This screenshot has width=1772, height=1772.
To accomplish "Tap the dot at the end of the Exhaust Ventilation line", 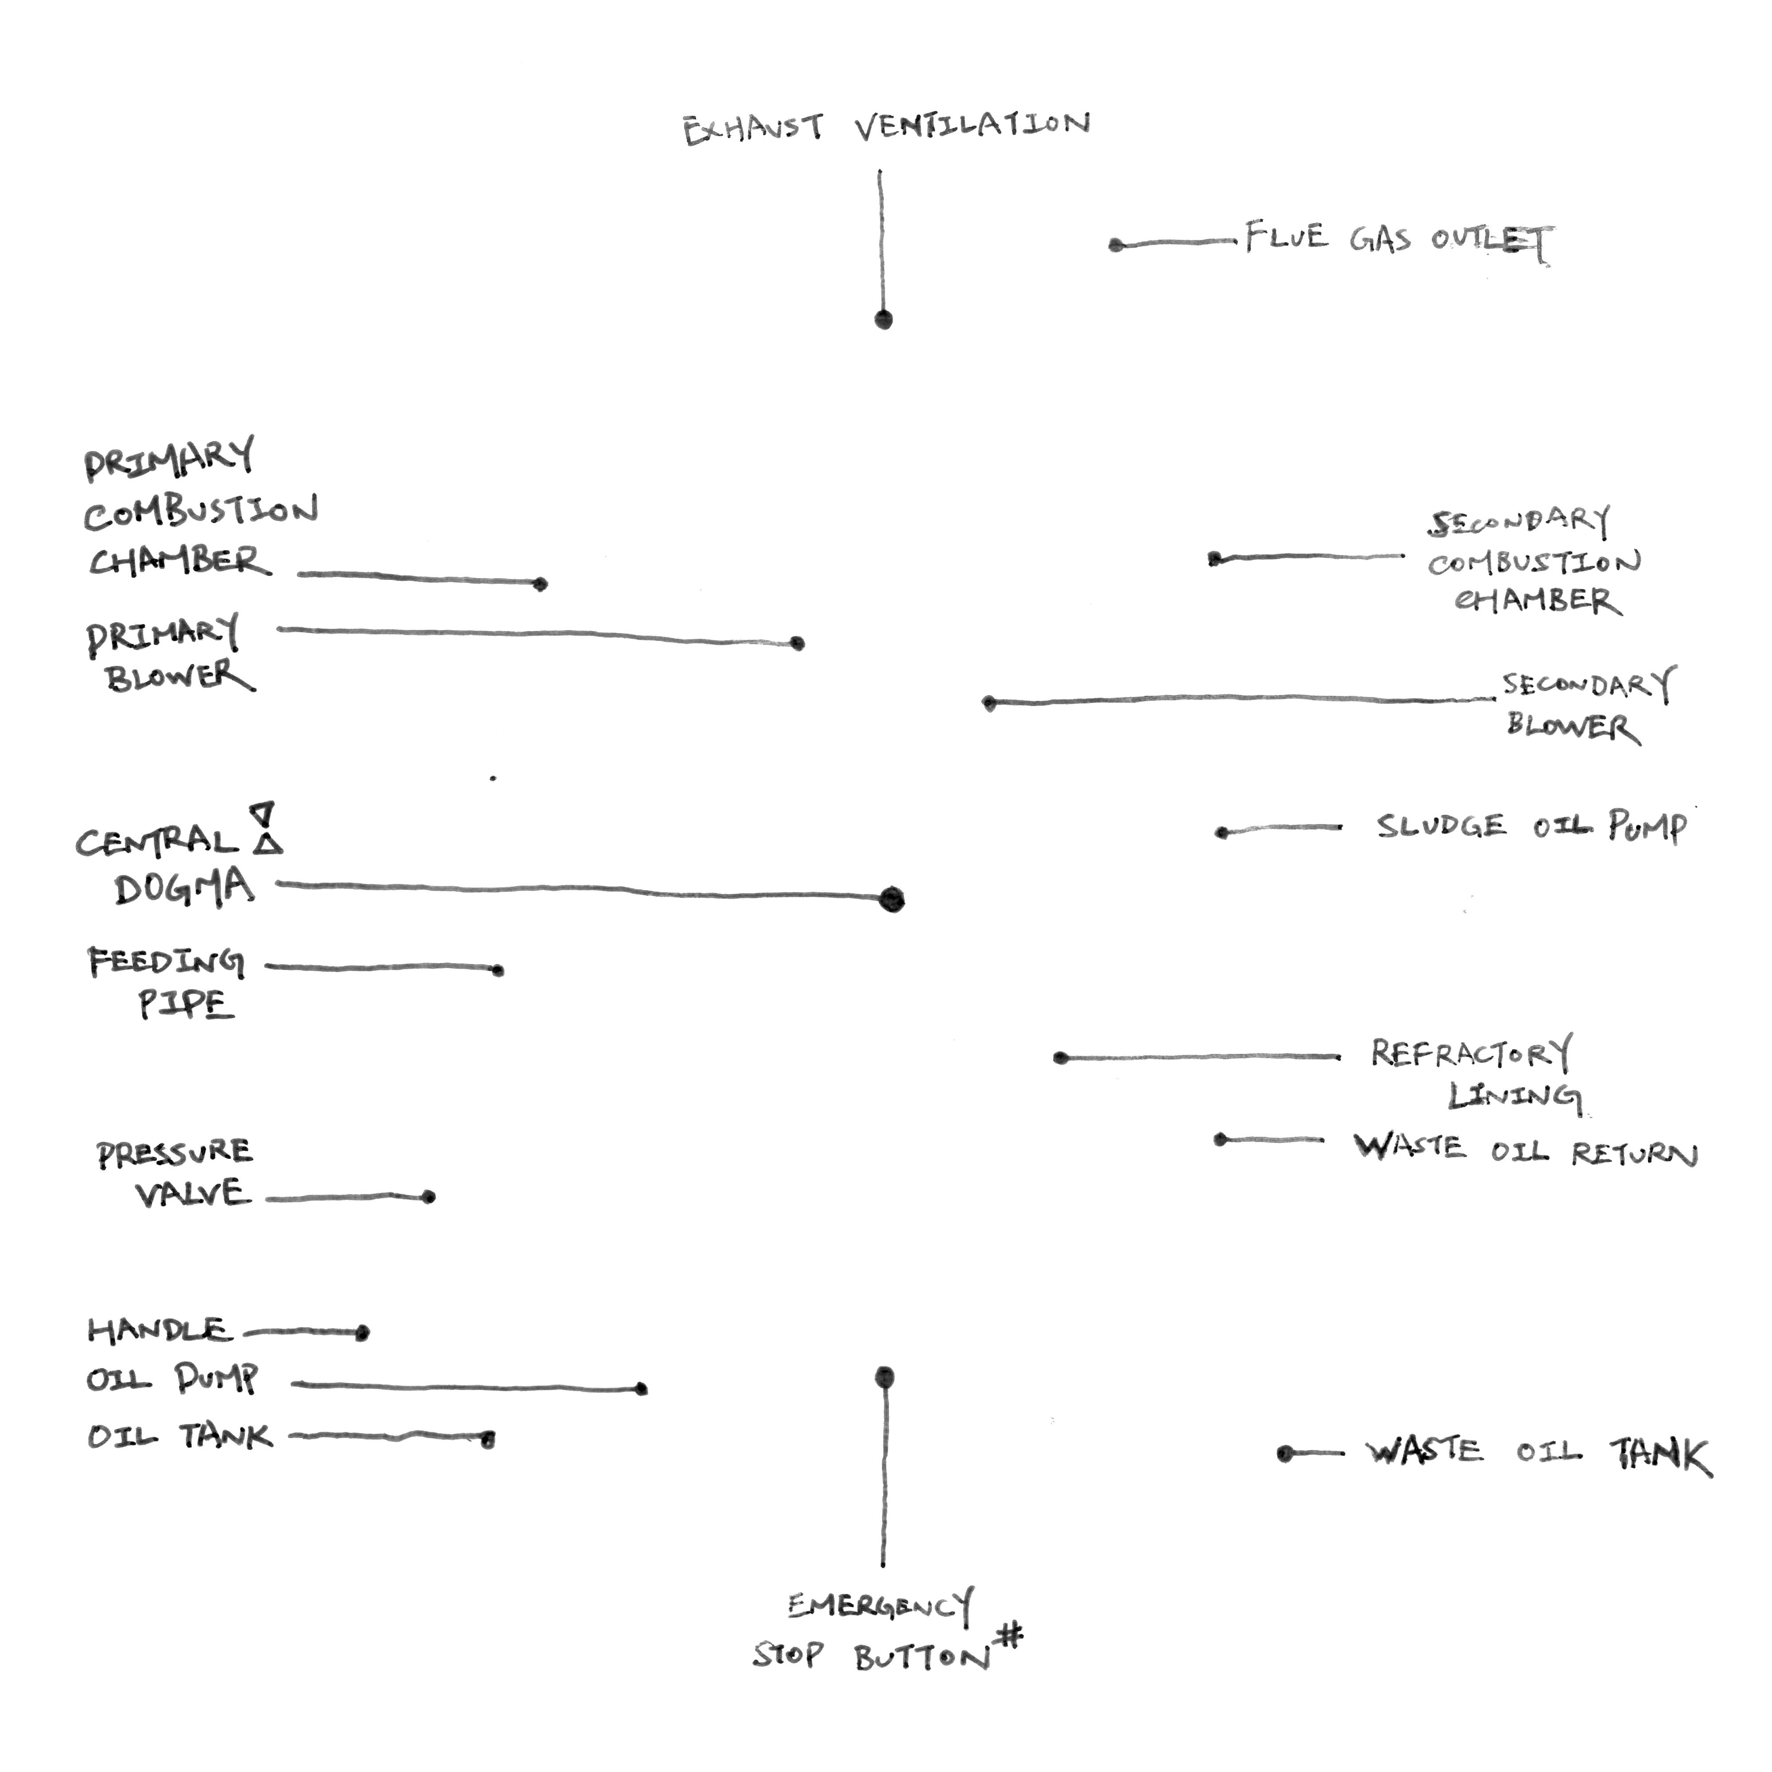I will [x=883, y=319].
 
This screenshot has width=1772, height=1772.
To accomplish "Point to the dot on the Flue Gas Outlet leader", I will [x=1116, y=245].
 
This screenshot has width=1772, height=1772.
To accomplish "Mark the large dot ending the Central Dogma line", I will [x=891, y=900].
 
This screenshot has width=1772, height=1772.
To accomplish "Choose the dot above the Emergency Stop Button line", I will [x=884, y=1377].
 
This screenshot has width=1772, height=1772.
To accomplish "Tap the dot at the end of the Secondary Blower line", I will [x=989, y=703].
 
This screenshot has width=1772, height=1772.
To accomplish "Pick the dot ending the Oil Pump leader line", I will [x=641, y=1389].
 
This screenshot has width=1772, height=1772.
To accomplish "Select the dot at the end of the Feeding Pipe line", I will [x=498, y=970].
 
